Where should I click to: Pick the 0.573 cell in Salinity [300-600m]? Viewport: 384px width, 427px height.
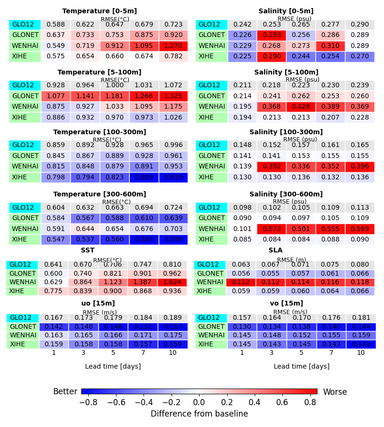(x=272, y=229)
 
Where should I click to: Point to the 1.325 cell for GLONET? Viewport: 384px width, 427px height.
(x=173, y=96)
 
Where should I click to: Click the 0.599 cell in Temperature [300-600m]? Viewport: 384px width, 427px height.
(x=173, y=240)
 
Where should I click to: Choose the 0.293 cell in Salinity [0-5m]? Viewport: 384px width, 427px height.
(x=272, y=35)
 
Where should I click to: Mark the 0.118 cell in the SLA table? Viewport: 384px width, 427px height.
(x=361, y=282)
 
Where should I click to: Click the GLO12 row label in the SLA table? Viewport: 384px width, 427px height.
(x=207, y=265)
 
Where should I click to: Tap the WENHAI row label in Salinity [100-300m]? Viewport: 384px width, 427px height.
(x=211, y=167)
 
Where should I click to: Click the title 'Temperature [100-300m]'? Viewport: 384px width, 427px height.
(x=99, y=132)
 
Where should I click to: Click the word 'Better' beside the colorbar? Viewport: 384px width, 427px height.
(x=65, y=392)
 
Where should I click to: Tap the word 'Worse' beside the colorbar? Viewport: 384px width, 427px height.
(x=335, y=392)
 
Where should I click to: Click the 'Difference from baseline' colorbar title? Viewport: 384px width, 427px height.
(x=199, y=414)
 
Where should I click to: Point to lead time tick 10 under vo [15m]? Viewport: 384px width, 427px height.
(x=361, y=353)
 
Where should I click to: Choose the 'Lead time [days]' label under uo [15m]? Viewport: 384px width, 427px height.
(x=113, y=366)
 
